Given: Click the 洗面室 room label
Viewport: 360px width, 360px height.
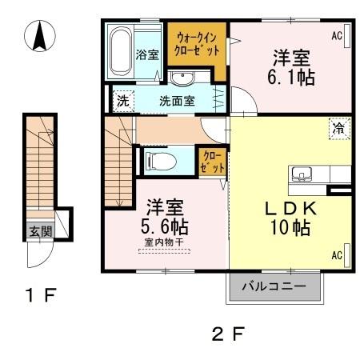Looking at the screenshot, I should tap(177, 102).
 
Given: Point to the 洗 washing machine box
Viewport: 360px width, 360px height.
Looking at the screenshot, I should tap(122, 102).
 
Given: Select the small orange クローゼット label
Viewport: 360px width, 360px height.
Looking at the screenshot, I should tap(210, 160).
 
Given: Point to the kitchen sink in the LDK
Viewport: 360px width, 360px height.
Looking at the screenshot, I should tap(303, 173).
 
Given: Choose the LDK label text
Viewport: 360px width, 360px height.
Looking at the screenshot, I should tap(292, 208).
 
